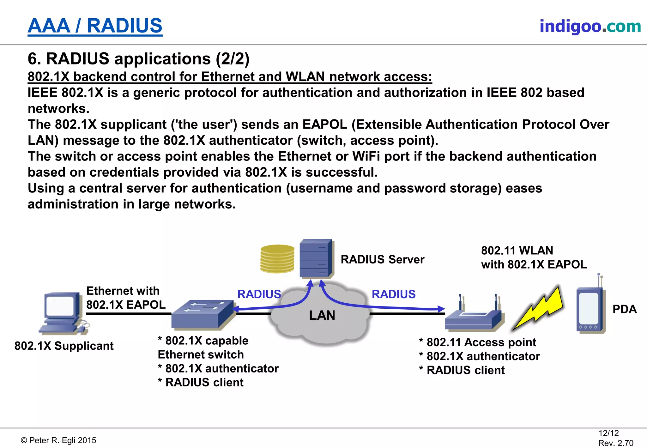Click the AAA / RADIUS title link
[95, 26]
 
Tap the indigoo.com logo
[590, 26]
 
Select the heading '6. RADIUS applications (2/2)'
[138, 59]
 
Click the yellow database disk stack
[277, 259]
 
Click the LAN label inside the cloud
[322, 315]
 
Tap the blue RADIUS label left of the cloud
[259, 294]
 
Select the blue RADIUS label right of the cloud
[393, 294]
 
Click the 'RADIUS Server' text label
[382, 259]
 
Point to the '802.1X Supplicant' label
[64, 346]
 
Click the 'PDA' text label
[624, 309]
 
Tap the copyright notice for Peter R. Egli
[58, 440]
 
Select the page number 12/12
[608, 433]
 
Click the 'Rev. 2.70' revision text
[616, 443]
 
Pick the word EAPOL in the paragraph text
[325, 124]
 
